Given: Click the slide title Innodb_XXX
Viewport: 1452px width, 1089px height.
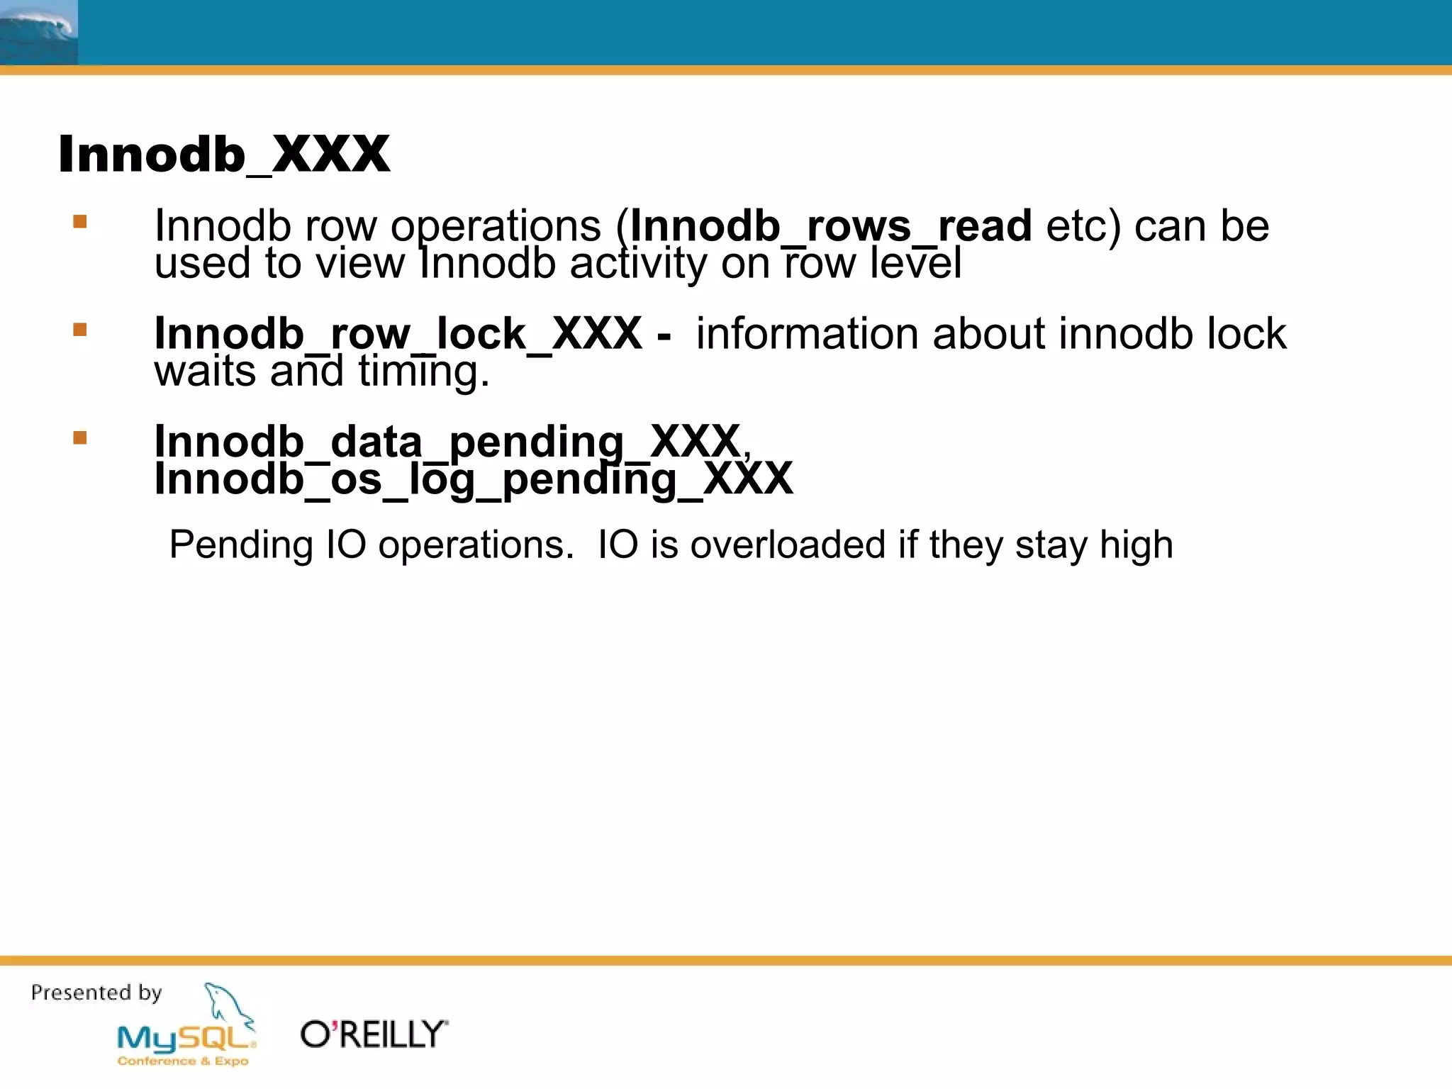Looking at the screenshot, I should point(224,154).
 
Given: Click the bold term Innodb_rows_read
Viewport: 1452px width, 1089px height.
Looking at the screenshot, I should point(831,227).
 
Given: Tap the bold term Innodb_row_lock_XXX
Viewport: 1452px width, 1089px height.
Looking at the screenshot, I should point(398,333).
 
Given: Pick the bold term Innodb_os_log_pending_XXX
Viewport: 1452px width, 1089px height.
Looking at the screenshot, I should point(474,479).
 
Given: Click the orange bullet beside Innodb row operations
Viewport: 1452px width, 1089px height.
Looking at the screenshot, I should point(80,222).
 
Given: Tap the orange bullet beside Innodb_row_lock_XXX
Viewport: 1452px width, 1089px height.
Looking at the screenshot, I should point(80,330).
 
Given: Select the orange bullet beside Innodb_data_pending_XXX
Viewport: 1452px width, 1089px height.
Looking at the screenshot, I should point(80,438).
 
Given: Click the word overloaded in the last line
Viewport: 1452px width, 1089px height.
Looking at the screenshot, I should point(788,545).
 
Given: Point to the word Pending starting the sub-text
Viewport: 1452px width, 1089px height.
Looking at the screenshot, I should point(241,545).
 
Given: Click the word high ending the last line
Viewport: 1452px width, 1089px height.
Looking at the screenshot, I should point(1136,545).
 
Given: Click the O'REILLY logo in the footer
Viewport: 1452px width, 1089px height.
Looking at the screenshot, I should point(374,1035).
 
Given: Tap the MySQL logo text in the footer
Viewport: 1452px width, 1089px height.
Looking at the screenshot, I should point(184,1039).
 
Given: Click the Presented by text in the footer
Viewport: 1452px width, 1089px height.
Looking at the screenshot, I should point(96,993).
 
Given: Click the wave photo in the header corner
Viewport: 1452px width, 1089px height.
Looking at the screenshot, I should point(38,33).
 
